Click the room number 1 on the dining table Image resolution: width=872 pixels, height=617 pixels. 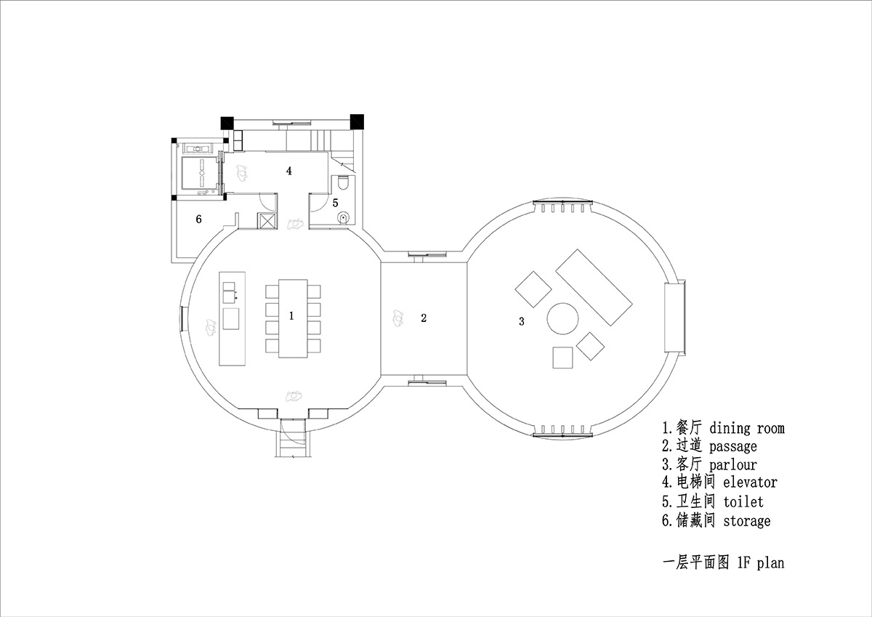click(x=291, y=315)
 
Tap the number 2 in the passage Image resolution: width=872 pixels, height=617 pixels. click(x=424, y=318)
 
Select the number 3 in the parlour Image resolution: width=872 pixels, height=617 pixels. click(x=522, y=321)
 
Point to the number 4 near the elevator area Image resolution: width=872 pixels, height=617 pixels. click(x=289, y=171)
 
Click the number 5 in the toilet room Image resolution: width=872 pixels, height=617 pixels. click(x=335, y=203)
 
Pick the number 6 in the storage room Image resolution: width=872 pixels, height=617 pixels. click(x=198, y=219)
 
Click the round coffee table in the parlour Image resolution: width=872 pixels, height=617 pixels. click(x=562, y=319)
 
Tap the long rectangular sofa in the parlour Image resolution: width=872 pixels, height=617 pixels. click(x=594, y=287)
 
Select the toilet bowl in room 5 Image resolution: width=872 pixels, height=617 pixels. click(x=343, y=182)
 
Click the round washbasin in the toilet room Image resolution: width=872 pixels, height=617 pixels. click(x=343, y=217)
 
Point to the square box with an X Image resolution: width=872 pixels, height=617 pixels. click(x=267, y=221)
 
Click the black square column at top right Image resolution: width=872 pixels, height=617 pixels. click(x=357, y=121)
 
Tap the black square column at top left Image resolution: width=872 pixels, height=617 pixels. click(x=227, y=123)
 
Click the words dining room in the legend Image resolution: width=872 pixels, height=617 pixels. click(x=747, y=428)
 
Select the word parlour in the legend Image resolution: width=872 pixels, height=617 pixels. click(x=733, y=465)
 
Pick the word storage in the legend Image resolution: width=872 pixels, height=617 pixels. click(x=747, y=521)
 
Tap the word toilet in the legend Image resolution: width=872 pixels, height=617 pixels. click(x=743, y=501)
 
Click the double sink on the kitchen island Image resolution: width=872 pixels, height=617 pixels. click(x=229, y=292)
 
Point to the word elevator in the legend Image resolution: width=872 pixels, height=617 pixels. click(x=750, y=483)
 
